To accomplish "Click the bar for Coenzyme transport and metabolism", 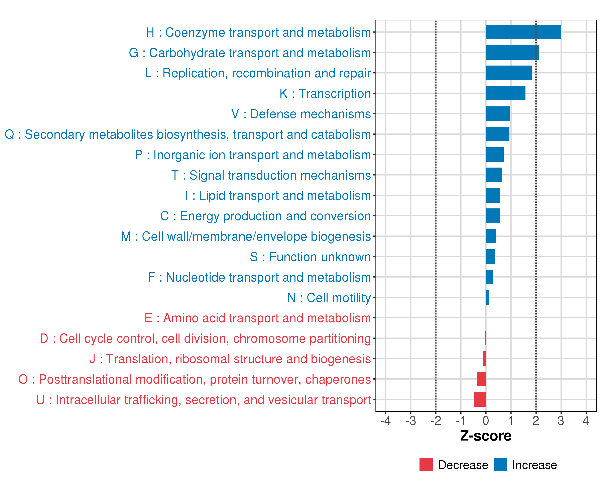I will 523,32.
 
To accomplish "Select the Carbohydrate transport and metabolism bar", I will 512,53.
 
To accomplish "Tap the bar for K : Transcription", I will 505,93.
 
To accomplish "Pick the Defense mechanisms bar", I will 498,114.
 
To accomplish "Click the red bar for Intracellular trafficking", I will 480,399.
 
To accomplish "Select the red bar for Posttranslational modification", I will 481,379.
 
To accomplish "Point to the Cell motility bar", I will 487,297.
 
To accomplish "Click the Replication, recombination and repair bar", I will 508,73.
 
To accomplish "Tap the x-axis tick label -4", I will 385,420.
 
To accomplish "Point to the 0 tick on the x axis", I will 486,420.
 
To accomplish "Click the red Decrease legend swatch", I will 426,465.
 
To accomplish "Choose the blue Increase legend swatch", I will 500,465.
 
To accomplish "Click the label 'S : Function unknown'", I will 310,257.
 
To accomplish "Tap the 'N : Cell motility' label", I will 329,298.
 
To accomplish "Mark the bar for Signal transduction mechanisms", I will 494,175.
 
